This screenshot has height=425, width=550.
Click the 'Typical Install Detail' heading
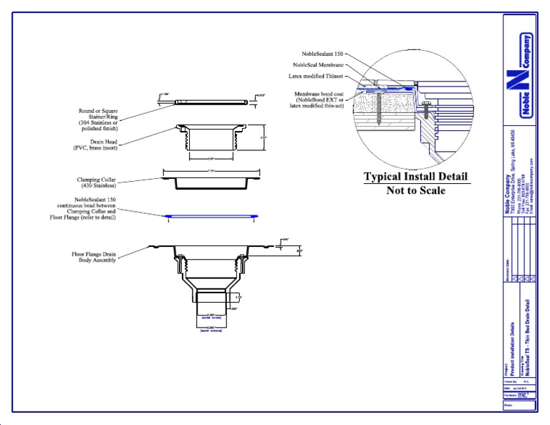point(416,177)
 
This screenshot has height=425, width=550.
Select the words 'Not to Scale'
point(416,190)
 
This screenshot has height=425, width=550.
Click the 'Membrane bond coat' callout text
point(319,99)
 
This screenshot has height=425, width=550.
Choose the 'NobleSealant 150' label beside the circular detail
point(322,54)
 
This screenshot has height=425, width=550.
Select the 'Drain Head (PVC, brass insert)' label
point(101,146)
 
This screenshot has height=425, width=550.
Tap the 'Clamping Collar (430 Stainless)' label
point(100,183)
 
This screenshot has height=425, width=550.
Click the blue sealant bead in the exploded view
point(211,215)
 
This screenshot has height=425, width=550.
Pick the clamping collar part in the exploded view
point(211,179)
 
